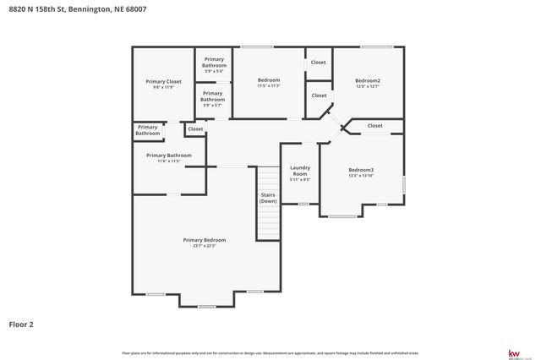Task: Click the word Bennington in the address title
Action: point(88,9)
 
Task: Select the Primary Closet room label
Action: point(163,81)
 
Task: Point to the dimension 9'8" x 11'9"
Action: point(163,87)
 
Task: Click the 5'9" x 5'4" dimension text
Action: point(213,71)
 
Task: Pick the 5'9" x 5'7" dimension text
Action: point(213,105)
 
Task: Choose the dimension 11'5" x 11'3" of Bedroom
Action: point(269,86)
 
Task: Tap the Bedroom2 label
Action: point(368,80)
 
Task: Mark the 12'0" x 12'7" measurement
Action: point(368,86)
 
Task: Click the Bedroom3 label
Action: point(361,170)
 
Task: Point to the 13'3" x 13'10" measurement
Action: point(361,176)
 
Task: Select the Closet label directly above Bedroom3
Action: point(375,126)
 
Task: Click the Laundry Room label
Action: point(300,171)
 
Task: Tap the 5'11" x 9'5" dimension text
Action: point(300,180)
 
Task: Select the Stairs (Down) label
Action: point(268,198)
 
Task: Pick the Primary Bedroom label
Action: point(205,240)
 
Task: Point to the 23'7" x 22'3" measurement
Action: point(205,246)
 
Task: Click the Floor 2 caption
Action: point(21,324)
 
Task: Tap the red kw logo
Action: point(513,353)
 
